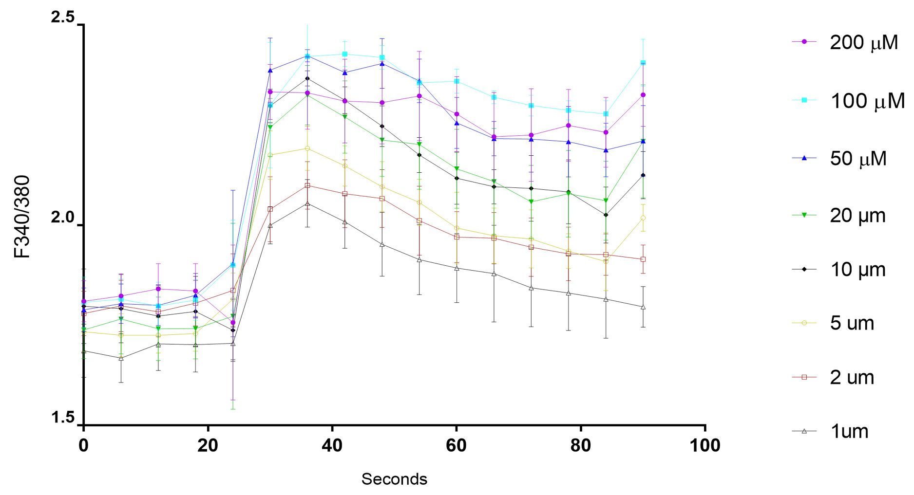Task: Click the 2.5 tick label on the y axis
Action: click(63, 18)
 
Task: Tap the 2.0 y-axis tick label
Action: click(63, 218)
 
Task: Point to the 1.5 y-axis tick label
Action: click(63, 418)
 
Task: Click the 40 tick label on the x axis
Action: click(332, 445)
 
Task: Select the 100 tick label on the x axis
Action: click(705, 445)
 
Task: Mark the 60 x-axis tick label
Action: click(457, 445)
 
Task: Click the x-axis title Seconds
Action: click(394, 479)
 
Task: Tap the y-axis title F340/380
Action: click(22, 217)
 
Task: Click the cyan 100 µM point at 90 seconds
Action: click(643, 63)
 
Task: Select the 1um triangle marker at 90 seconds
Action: click(643, 307)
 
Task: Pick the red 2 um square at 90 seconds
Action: click(643, 259)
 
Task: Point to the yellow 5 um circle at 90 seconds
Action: click(643, 218)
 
